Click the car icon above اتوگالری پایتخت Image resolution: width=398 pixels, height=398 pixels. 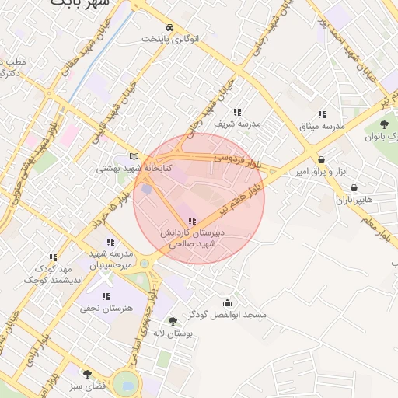[x=169, y=26]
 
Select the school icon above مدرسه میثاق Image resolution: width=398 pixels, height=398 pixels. [x=323, y=113]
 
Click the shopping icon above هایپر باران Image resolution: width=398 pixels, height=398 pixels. [x=354, y=187]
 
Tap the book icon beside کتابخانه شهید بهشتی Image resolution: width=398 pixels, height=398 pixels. [x=134, y=156]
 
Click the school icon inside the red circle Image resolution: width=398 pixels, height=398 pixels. [x=192, y=222]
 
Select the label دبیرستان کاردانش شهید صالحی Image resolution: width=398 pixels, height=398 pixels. [x=192, y=238]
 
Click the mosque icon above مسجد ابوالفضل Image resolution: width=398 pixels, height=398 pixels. [x=227, y=303]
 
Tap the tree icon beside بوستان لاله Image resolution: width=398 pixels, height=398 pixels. [x=173, y=321]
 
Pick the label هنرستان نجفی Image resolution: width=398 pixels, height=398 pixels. [x=106, y=309]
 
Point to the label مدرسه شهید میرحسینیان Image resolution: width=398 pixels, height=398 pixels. [x=110, y=259]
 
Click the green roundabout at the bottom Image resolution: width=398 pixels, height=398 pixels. [x=124, y=383]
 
